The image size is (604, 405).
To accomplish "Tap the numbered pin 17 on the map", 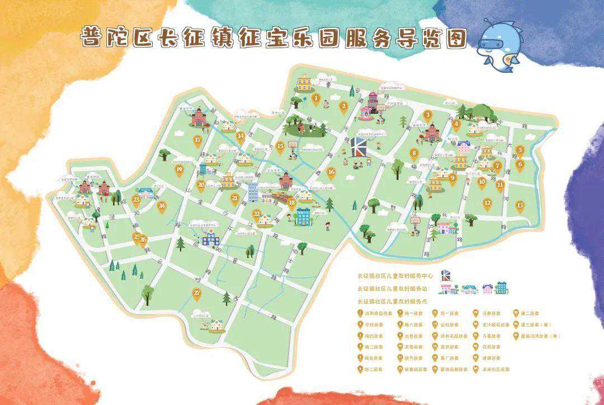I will tap(197, 140).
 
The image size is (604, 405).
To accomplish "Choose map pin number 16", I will tap(331, 172).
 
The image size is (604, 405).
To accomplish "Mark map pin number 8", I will tap(414, 153).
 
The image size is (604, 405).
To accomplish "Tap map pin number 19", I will tap(179, 169).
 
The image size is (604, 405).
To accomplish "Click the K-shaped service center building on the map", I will tap(359, 147).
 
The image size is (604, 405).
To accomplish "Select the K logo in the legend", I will tap(446, 275).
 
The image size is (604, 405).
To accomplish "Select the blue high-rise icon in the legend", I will tap(501, 288).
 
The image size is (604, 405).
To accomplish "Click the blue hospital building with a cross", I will tap(211, 239).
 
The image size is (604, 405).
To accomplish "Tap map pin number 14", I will tap(240, 136).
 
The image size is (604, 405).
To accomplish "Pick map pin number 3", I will tap(428, 115).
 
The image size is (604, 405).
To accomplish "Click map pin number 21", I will tap(235, 198).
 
